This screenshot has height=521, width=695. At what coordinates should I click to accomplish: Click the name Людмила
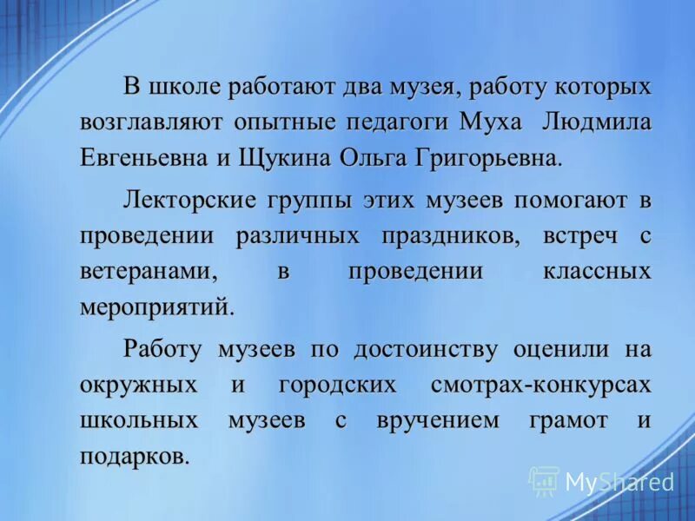click(x=597, y=122)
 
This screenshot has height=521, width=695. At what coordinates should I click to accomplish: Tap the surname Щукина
click(x=300, y=159)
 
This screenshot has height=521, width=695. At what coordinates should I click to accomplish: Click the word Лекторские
click(x=190, y=201)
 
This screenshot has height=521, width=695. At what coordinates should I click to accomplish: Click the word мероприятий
click(x=156, y=307)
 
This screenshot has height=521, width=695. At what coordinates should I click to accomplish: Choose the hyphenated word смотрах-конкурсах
click(x=540, y=384)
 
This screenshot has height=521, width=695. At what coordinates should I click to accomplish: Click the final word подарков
click(x=134, y=456)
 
